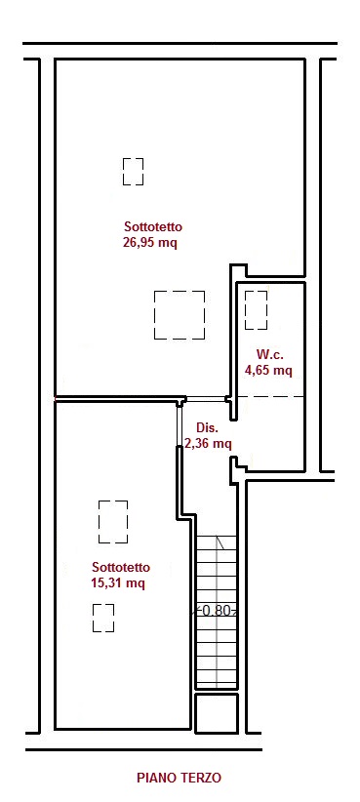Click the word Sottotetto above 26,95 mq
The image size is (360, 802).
coord(153,226)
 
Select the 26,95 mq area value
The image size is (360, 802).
coord(150,242)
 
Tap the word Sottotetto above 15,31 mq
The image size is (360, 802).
coord(121,567)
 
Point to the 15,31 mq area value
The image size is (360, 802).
coord(117,583)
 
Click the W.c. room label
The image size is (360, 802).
coord(270,354)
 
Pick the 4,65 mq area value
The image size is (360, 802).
coord(268,371)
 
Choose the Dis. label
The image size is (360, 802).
coord(208,427)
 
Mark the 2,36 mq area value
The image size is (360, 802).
coord(208,444)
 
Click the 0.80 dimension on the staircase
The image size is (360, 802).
coord(216,610)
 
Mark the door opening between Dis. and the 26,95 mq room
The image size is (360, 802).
coord(206,398)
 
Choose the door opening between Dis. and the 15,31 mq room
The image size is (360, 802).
coord(180,425)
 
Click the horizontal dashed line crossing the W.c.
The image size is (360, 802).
coord(270,396)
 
